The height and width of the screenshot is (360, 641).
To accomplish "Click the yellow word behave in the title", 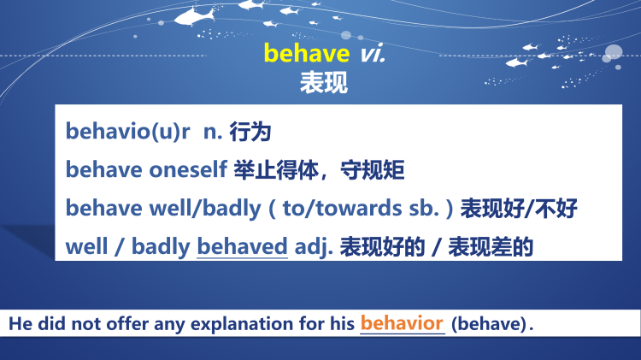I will pos(306,53).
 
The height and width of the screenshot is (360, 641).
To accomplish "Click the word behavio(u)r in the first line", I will pos(127,132).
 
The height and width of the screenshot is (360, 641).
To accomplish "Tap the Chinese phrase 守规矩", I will pos(372,170).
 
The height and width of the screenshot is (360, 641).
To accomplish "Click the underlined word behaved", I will pos(242,247).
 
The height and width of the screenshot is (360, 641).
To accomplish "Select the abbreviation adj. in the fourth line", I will pos(313,247).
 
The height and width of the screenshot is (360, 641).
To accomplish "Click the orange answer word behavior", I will pos(402,323).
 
